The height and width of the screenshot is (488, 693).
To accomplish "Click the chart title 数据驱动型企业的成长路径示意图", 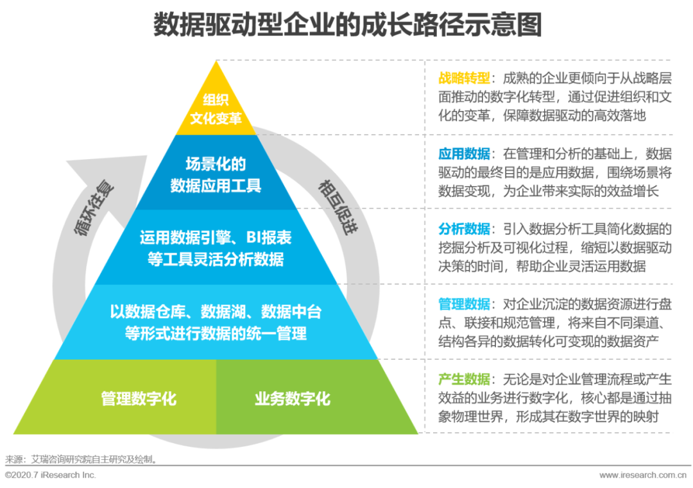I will click(347, 26).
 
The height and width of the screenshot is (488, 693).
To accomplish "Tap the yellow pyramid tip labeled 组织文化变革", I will click(216, 109).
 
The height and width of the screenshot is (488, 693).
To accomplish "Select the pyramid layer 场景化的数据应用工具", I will click(216, 175).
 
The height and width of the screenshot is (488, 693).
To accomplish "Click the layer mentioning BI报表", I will click(216, 249).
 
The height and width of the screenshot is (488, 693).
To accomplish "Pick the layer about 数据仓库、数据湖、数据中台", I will click(216, 323).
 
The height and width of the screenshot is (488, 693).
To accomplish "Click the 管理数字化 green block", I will click(139, 399).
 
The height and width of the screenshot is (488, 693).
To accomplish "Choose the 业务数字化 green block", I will click(293, 399).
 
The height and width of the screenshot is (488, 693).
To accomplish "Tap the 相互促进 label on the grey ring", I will click(336, 207).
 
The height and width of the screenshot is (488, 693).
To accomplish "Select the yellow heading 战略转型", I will click(464, 78).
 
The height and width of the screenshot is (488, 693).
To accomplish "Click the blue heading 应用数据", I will click(464, 154).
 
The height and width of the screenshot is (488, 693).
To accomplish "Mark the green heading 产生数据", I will click(464, 378).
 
